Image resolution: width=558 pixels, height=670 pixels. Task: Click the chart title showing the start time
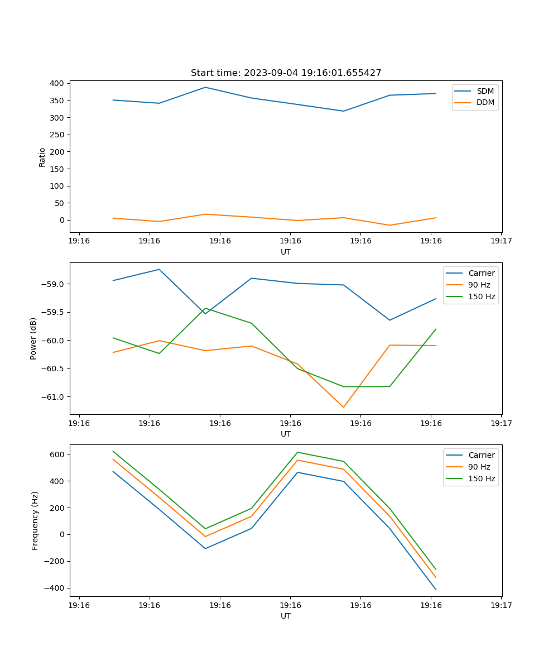click(286, 73)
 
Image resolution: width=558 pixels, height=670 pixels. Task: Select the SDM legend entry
click(485, 91)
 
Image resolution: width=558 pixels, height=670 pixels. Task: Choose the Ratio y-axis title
click(42, 157)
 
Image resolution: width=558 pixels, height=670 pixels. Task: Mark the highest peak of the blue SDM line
click(205, 87)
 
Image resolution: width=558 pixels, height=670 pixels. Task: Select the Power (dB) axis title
click(34, 338)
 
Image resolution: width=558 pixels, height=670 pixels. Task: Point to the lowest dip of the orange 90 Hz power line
click(343, 407)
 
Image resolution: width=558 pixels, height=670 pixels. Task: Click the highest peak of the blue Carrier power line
click(159, 269)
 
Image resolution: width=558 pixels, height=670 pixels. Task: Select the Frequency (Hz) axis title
click(35, 520)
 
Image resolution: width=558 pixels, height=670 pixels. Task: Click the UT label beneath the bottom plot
click(286, 616)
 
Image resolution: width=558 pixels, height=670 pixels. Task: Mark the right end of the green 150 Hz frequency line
click(436, 569)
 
